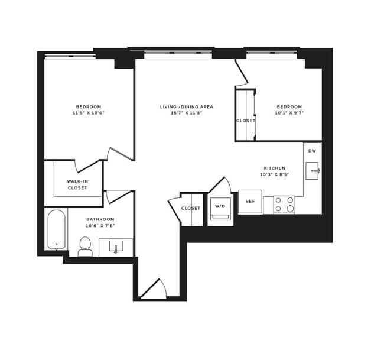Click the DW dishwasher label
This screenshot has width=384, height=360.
[x=312, y=151]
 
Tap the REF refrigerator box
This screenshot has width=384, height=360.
[x=250, y=202]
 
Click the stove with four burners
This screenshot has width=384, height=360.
[x=284, y=205]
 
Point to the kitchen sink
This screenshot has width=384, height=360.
[x=313, y=171]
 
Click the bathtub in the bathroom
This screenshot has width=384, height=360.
[x=56, y=229]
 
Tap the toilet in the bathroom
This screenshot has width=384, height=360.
[x=85, y=245]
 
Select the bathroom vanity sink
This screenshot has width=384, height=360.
[x=115, y=247]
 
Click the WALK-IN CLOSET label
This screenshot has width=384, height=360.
[x=77, y=184]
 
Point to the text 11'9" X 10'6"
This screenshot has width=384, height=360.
[x=89, y=113]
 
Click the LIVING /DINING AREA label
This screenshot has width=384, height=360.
[x=186, y=107]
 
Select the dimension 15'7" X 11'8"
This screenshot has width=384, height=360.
[x=186, y=113]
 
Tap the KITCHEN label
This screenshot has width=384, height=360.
[x=275, y=168]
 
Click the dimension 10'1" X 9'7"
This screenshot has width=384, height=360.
[x=289, y=113]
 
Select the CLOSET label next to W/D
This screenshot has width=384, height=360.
[x=191, y=208]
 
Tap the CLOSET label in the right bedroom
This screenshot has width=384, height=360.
[x=246, y=121]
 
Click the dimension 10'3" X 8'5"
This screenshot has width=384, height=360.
[x=275, y=175]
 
